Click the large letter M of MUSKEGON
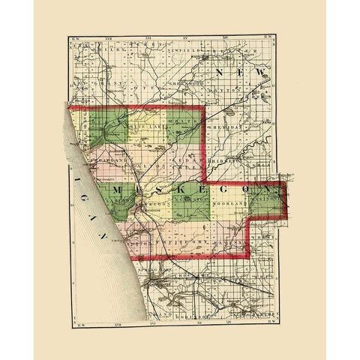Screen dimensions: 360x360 click(x=118, y=194)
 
